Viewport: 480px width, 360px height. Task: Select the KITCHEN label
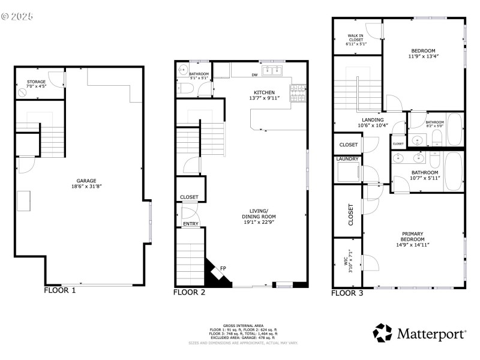(x=264, y=92)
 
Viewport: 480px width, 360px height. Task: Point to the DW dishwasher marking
(x=254, y=75)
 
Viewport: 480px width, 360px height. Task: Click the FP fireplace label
(x=223, y=268)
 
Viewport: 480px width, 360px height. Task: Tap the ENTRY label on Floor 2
(x=191, y=224)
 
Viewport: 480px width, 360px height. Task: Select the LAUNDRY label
(x=347, y=159)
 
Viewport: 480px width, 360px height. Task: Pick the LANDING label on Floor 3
(x=373, y=119)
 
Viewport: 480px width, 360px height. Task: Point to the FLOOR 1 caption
(x=60, y=290)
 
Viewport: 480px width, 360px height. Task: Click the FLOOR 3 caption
(x=347, y=293)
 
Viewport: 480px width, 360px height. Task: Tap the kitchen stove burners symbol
(x=297, y=94)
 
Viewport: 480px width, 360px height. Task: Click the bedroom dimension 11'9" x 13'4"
(x=423, y=56)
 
